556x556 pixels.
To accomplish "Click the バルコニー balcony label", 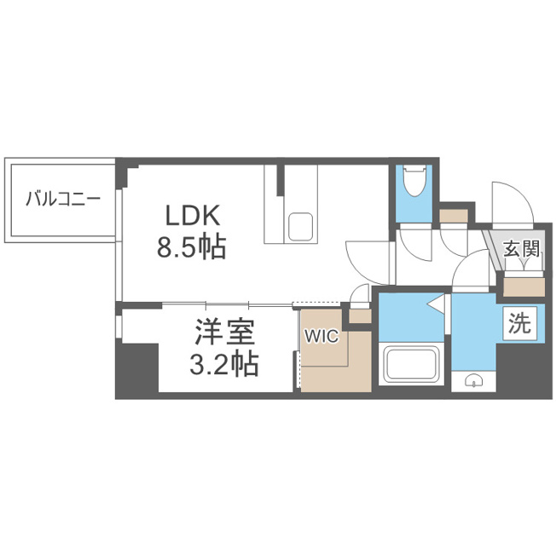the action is (63, 199).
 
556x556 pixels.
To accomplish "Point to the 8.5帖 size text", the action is (192, 246).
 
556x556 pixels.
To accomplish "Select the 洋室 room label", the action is (225, 332).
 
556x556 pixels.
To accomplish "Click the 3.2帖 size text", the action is (223, 364).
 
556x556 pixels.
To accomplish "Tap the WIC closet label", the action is (322, 336).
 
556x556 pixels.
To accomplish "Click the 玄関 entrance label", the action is (522, 248).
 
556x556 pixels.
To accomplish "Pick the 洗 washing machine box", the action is (520, 324).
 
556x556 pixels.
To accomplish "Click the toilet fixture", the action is (414, 181).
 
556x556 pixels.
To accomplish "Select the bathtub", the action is (411, 363).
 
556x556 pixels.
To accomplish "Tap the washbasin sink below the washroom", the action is (473, 381).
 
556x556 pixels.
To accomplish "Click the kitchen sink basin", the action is (300, 227).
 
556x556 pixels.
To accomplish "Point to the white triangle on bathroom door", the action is (436, 304).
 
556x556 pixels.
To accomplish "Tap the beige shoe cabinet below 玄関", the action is (524, 287).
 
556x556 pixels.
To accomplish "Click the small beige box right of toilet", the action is (454, 216).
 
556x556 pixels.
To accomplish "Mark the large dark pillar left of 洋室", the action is (137, 368).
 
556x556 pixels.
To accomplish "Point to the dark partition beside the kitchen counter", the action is (281, 180).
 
